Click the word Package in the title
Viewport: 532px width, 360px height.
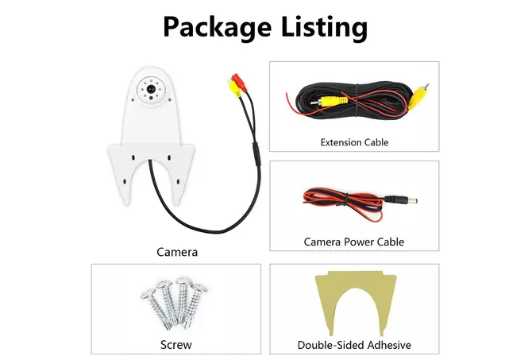pos(217,28)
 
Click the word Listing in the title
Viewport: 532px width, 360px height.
pos(324,28)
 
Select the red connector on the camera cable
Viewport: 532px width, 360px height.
pos(239,83)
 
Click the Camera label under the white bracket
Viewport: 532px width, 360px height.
pos(177,252)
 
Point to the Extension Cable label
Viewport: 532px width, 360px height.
pos(354,142)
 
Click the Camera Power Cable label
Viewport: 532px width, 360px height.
pos(354,242)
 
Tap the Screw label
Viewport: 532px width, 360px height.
pos(175,345)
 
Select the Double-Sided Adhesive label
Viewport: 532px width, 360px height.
pos(354,345)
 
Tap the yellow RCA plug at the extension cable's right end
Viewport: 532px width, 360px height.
pos(418,97)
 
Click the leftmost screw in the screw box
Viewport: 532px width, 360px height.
pos(156,308)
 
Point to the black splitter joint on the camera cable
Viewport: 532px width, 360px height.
pos(256,153)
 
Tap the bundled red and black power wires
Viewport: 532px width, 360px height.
pos(343,203)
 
